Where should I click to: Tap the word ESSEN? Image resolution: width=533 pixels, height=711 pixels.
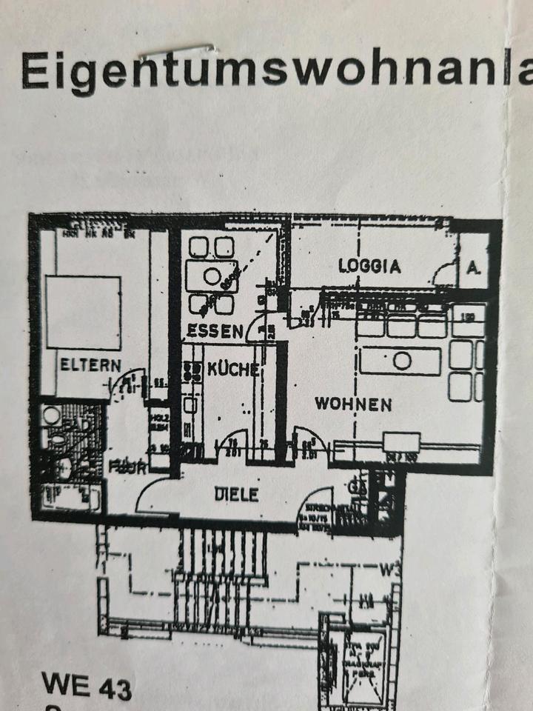214,330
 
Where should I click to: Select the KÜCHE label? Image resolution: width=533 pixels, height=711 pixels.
232,369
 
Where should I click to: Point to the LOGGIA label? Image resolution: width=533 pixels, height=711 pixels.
369,266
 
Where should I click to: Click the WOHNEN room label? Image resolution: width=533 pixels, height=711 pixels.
353,404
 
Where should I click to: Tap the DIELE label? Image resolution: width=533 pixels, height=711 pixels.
236,494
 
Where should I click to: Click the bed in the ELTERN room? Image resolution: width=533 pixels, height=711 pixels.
83,312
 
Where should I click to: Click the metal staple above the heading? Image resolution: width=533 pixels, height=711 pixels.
178,51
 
